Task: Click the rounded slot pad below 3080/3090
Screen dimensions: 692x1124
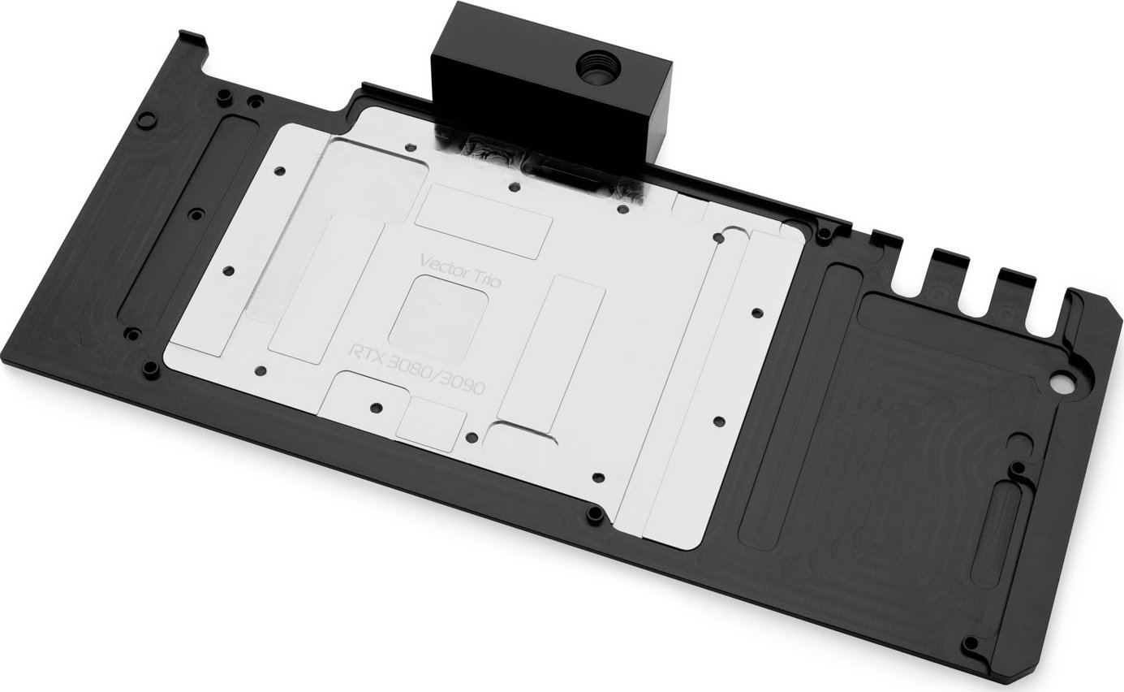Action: click(x=524, y=439)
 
